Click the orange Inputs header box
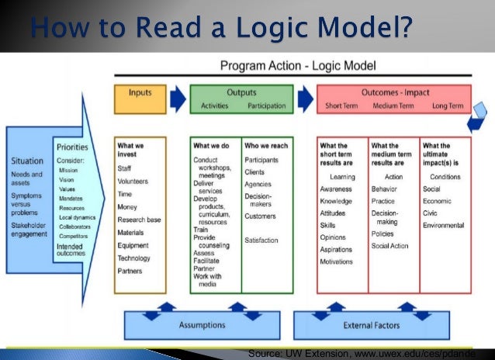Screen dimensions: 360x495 [x=140, y=99]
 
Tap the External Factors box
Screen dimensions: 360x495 [x=369, y=326]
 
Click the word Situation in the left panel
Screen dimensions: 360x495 [x=27, y=161]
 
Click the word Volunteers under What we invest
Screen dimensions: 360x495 [x=133, y=182]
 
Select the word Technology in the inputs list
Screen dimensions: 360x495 [x=135, y=258]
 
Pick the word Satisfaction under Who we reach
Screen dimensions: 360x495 [x=261, y=241]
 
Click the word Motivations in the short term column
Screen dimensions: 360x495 [x=337, y=261]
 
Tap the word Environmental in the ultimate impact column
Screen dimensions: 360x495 [x=444, y=225]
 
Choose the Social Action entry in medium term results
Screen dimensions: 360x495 [x=390, y=246]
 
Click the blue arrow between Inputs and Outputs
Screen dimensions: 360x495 [x=178, y=98]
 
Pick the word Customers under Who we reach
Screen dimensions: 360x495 [x=260, y=216]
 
